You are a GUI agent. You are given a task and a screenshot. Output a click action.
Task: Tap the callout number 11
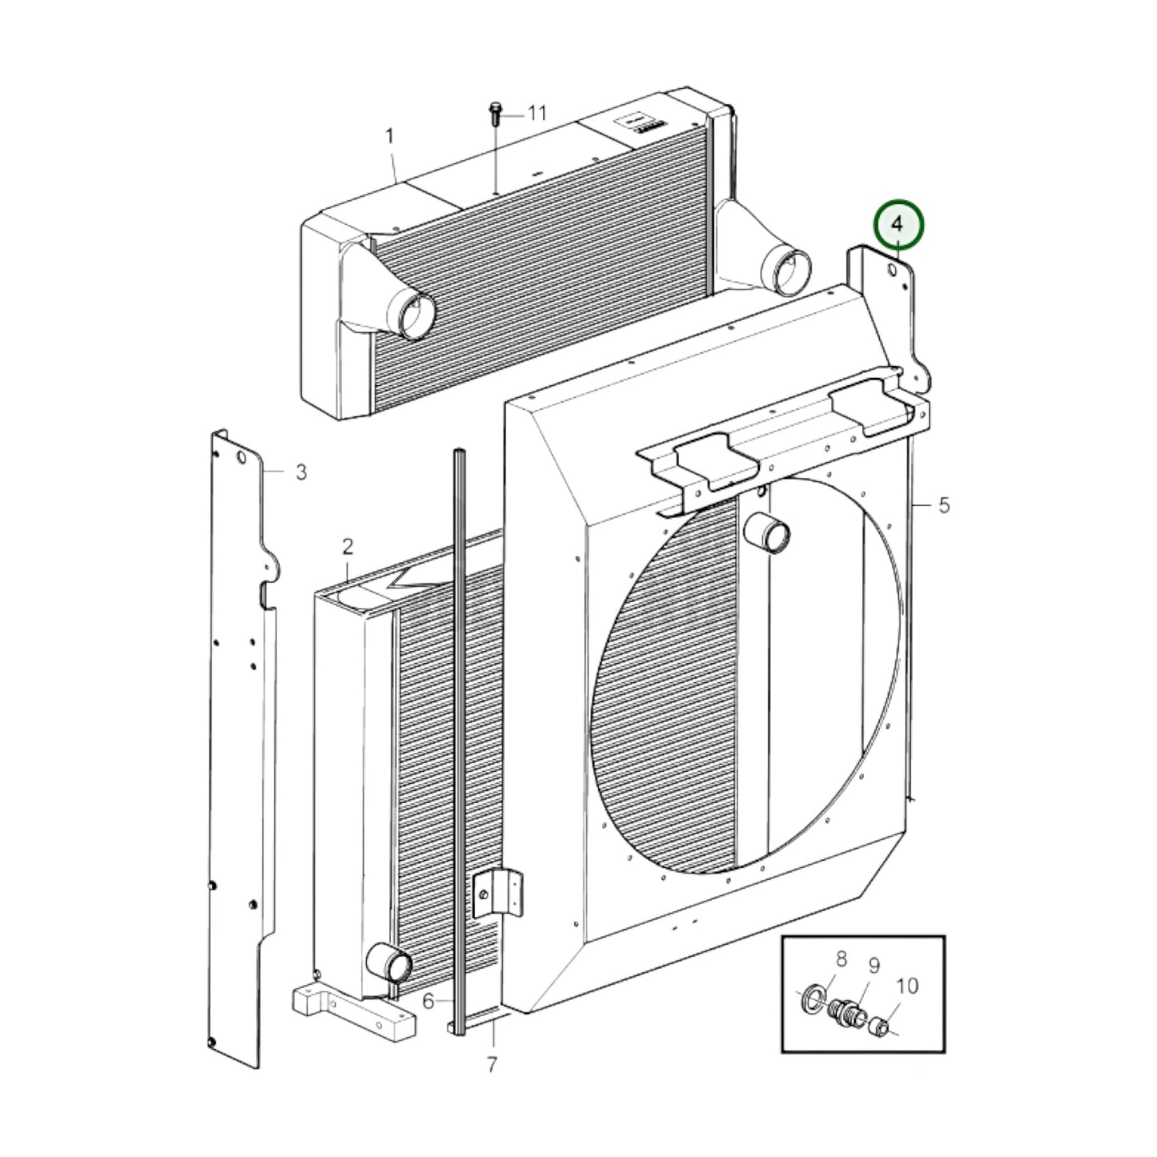pyautogui.click(x=536, y=114)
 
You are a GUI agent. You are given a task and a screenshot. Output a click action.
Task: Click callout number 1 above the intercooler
pyautogui.click(x=390, y=137)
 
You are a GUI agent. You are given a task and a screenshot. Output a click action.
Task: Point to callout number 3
pyautogui.click(x=300, y=472)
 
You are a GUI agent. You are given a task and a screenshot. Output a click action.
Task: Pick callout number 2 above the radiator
pyautogui.click(x=348, y=548)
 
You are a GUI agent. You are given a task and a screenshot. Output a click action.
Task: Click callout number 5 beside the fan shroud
pyautogui.click(x=944, y=505)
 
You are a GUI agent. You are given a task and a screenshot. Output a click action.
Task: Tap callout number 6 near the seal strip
pyautogui.click(x=428, y=1001)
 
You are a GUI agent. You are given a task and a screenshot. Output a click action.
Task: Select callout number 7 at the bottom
pyautogui.click(x=492, y=1065)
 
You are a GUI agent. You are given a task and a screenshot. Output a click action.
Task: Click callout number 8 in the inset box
pyautogui.click(x=841, y=958)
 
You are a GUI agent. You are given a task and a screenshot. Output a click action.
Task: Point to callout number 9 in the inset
pyautogui.click(x=874, y=966)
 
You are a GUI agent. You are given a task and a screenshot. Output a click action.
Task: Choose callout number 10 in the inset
pyautogui.click(x=907, y=986)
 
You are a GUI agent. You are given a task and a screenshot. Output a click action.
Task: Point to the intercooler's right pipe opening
pyautogui.click(x=781, y=265)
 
